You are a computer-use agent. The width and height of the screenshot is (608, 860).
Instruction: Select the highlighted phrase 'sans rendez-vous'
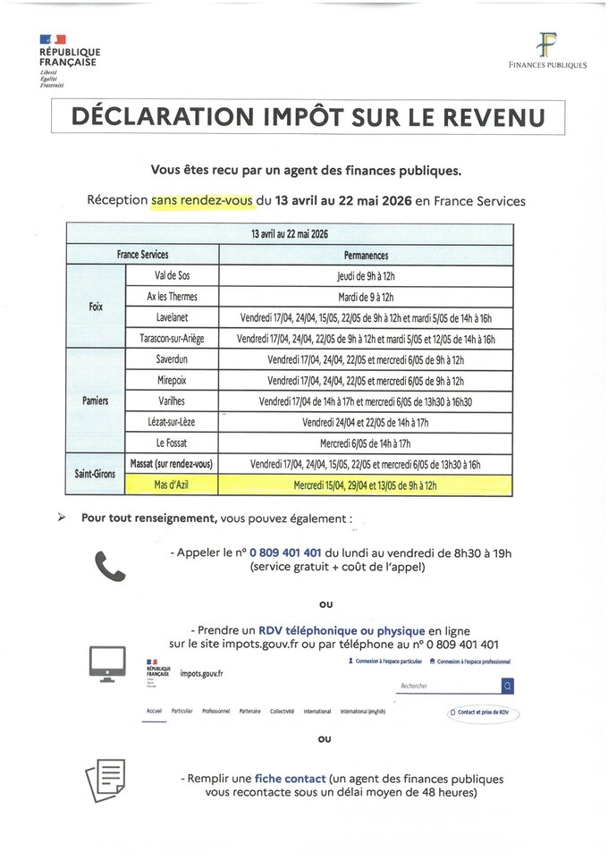point(202,201)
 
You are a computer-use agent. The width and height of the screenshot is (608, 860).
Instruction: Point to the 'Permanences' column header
point(366,255)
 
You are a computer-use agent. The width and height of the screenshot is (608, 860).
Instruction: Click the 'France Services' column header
point(142,255)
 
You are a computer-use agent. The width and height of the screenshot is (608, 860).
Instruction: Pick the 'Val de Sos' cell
point(172,276)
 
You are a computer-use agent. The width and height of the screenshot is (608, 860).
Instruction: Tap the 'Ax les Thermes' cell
point(172,297)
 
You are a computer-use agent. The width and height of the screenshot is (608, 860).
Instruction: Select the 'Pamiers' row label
point(96,400)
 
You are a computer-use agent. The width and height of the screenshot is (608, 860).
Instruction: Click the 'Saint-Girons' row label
point(95,474)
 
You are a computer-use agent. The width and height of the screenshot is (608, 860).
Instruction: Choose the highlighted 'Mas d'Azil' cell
point(172,485)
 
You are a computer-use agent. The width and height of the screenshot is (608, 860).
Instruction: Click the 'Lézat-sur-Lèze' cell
point(172,422)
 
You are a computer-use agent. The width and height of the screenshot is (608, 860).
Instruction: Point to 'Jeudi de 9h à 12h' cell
point(366,276)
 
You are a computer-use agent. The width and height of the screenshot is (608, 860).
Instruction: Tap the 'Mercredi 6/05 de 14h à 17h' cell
point(366,443)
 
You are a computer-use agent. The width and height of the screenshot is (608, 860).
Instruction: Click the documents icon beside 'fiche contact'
point(106,780)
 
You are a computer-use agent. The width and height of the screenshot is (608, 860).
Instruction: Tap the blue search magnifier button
point(508,686)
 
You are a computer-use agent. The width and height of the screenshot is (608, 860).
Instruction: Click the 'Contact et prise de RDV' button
point(483,712)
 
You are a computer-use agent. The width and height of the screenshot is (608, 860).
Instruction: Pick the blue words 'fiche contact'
point(287,779)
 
